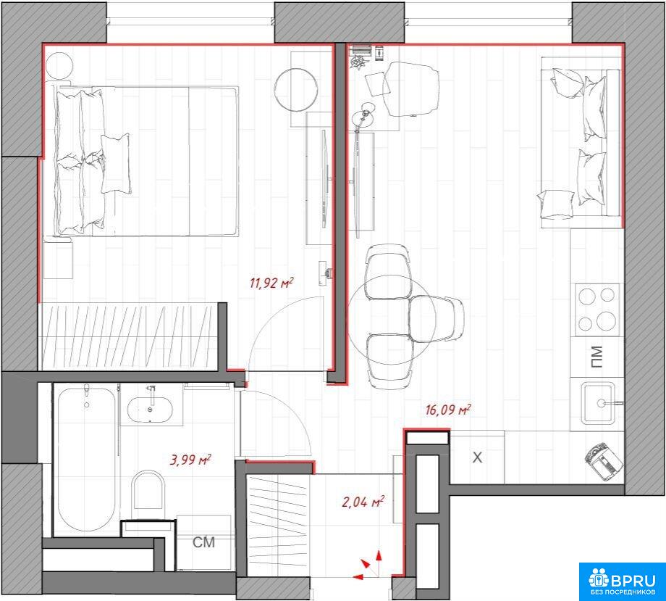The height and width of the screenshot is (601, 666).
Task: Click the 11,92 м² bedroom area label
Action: pyautogui.click(x=271, y=283)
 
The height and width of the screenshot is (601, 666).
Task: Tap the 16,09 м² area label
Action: pyautogui.click(x=447, y=410)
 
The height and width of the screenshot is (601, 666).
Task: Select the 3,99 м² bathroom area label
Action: pyautogui.click(x=190, y=460)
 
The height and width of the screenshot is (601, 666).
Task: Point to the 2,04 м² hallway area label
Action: pyautogui.click(x=363, y=502)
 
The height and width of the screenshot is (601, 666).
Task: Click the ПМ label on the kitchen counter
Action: pyautogui.click(x=597, y=357)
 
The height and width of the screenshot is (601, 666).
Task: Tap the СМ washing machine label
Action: pyautogui.click(x=203, y=542)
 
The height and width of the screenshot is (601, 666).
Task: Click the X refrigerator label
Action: pyautogui.click(x=477, y=457)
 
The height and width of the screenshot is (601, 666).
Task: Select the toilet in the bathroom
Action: pyautogui.click(x=148, y=489)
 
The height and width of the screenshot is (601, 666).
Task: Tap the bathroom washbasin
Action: pyautogui.click(x=151, y=409)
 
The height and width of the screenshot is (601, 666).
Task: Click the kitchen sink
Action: pyautogui.click(x=598, y=403)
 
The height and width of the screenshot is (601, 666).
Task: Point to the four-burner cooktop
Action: pyautogui.click(x=597, y=310)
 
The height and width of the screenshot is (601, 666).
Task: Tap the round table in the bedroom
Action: pyautogui.click(x=295, y=89)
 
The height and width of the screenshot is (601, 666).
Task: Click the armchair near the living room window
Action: pyautogui.click(x=410, y=88)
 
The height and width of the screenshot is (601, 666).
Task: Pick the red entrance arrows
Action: pyautogui.click(x=368, y=565)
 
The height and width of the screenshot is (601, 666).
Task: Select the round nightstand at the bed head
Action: pyautogui.click(x=59, y=66)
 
